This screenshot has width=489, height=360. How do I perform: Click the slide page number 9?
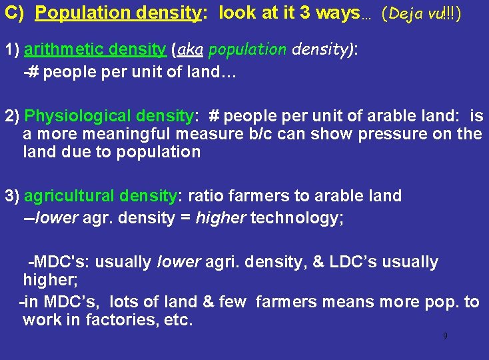pyautogui.click(x=445, y=335)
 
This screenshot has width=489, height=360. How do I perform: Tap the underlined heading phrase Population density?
pyautogui.click(x=118, y=13)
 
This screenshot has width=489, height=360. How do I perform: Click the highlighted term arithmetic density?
pyautogui.click(x=95, y=49)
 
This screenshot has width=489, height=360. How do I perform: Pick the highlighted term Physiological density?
pyautogui.click(x=109, y=116)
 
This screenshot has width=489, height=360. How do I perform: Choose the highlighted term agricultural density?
pyautogui.click(x=100, y=196)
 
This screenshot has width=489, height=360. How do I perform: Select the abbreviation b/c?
pyautogui.click(x=266, y=134)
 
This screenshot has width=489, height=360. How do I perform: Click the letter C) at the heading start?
pyautogui.click(x=14, y=13)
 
